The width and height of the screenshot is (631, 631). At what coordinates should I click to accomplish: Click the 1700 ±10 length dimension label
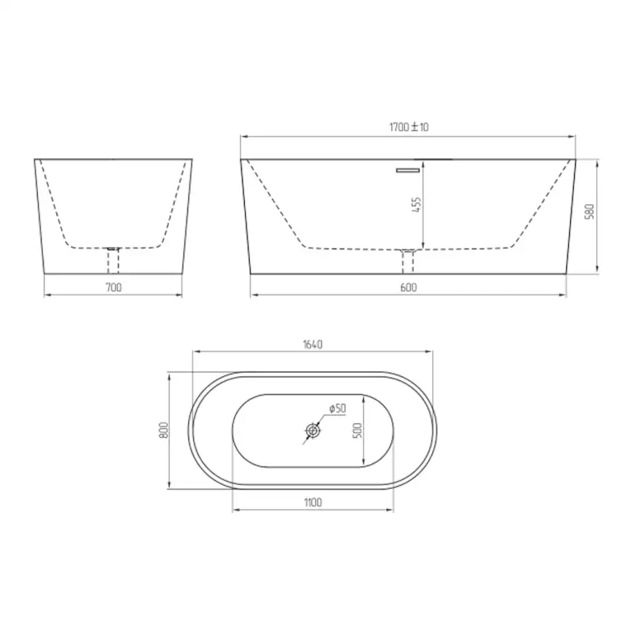[x=409, y=127]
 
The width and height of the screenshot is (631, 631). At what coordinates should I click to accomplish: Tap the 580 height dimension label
[x=589, y=212]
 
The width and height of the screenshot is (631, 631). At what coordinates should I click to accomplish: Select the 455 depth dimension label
[x=417, y=205]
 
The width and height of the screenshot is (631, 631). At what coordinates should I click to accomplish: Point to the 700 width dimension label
[x=114, y=287]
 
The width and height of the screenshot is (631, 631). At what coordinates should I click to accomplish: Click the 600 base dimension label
[x=409, y=287]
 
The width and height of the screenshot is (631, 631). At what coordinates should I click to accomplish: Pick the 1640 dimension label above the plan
[x=313, y=345]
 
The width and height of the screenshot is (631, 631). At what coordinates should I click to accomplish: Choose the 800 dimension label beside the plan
[x=163, y=430]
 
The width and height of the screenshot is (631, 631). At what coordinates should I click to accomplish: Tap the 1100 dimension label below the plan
[x=313, y=502]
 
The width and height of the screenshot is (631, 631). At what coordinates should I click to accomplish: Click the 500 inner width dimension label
[x=357, y=431]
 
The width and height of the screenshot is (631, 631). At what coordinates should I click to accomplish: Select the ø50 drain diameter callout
[x=337, y=409]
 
